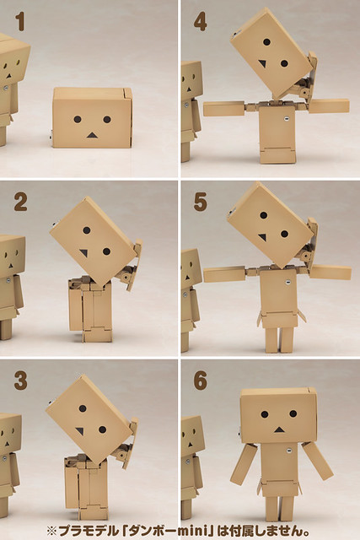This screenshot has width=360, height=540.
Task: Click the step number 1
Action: coord(20,22)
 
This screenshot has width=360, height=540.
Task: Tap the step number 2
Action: coord(20,202)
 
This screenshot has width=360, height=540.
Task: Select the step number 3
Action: coord(20,381)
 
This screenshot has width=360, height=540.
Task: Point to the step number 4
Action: coord(200,22)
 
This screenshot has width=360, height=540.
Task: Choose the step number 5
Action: coord(201,202)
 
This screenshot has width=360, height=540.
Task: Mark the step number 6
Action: coord(201,381)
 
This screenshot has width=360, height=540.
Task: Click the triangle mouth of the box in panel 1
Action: coord(92,135)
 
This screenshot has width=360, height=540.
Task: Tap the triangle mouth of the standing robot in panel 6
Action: coord(279,429)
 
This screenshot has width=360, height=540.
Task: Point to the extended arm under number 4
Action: coord(224,109)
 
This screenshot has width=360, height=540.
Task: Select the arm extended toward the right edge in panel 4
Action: coord(329,106)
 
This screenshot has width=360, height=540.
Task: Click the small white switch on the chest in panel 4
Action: coord(286,118)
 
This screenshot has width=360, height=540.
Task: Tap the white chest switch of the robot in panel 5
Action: coord(287,283)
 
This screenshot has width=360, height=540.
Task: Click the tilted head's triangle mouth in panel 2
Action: coord(84,253)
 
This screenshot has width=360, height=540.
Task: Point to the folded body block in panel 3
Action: coord(85,488)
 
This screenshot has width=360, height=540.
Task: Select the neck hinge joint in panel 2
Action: coord(126,272)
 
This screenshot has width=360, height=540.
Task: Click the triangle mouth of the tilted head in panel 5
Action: coord(262,237)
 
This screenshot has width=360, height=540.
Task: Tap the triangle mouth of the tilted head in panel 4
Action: coord(262,64)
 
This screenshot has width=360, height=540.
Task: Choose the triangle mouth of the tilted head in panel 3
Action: coord(80,431)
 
